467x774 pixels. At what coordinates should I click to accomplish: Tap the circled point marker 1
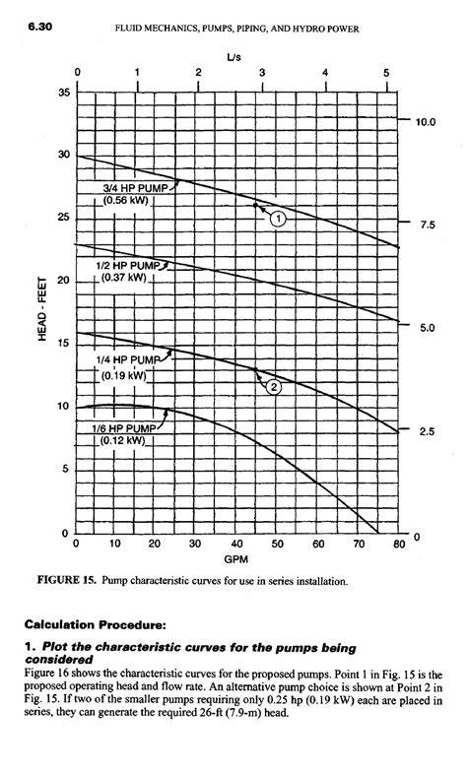(x=279, y=219)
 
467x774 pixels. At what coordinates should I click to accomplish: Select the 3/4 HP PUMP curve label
(x=137, y=187)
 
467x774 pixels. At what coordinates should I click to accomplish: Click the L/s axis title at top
(x=233, y=57)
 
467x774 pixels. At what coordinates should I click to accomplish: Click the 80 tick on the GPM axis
(x=399, y=544)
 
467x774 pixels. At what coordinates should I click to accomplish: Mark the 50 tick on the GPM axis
(x=278, y=544)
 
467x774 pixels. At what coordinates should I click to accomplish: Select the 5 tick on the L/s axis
(x=385, y=72)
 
